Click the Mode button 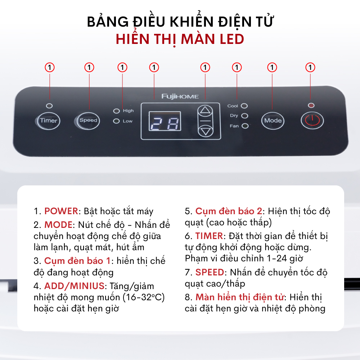click(x=273, y=121)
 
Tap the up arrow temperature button click(x=205, y=111)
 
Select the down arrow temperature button click(x=206, y=131)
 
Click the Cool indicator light click(x=244, y=106)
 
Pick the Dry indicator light click(x=244, y=116)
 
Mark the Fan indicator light click(x=245, y=126)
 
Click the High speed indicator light click(x=117, y=111)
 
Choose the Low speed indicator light click(x=117, y=121)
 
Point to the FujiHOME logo click(x=180, y=96)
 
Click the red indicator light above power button click(x=311, y=105)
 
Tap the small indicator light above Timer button click(x=49, y=105)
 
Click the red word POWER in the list click(x=61, y=211)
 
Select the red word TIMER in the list click(x=209, y=236)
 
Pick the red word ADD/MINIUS click(x=75, y=286)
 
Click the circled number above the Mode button click(x=272, y=68)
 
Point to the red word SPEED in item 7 click(x=210, y=272)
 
